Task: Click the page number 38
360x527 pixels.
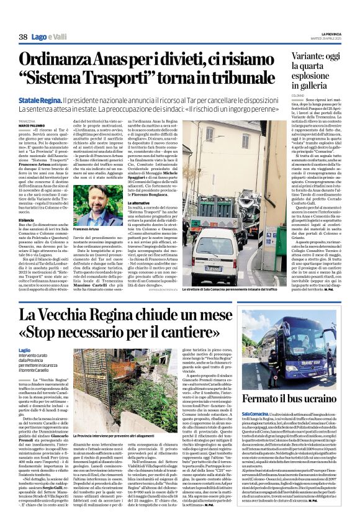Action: (23, 37)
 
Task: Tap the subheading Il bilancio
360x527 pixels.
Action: (25, 219)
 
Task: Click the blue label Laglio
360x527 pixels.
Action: (25, 351)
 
